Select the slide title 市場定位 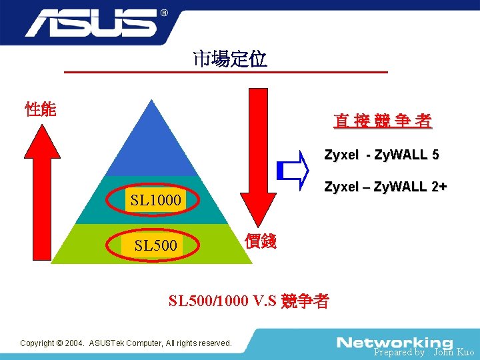pyautogui.click(x=230, y=59)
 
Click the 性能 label pyautogui.click(x=40, y=109)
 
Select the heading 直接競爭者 pyautogui.click(x=383, y=121)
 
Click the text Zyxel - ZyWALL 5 pyautogui.click(x=381, y=155)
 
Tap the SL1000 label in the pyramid pyautogui.click(x=155, y=200)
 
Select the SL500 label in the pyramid pyautogui.click(x=155, y=245)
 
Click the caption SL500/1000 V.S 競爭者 pyautogui.click(x=248, y=301)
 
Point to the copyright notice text pyautogui.click(x=126, y=343)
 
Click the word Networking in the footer pyautogui.click(x=395, y=342)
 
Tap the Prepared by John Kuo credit pyautogui.click(x=424, y=352)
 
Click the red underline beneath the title pyautogui.click(x=227, y=71)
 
